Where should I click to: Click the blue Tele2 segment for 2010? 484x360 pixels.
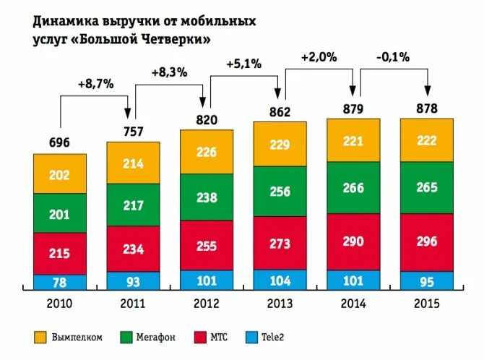point(60,282)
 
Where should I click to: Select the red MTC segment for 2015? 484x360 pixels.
point(427,242)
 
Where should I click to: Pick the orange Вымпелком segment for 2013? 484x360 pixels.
point(280,145)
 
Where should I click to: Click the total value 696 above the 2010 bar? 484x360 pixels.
point(59,142)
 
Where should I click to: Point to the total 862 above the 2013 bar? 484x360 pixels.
point(280,112)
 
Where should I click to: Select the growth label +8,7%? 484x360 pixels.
point(96,84)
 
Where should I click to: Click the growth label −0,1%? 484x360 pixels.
point(393,56)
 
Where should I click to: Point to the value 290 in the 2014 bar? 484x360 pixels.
point(353,241)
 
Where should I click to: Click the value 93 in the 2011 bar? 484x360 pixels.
point(134,280)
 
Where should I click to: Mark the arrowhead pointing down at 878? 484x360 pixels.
point(428,92)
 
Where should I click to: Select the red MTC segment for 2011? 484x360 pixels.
point(134,249)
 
